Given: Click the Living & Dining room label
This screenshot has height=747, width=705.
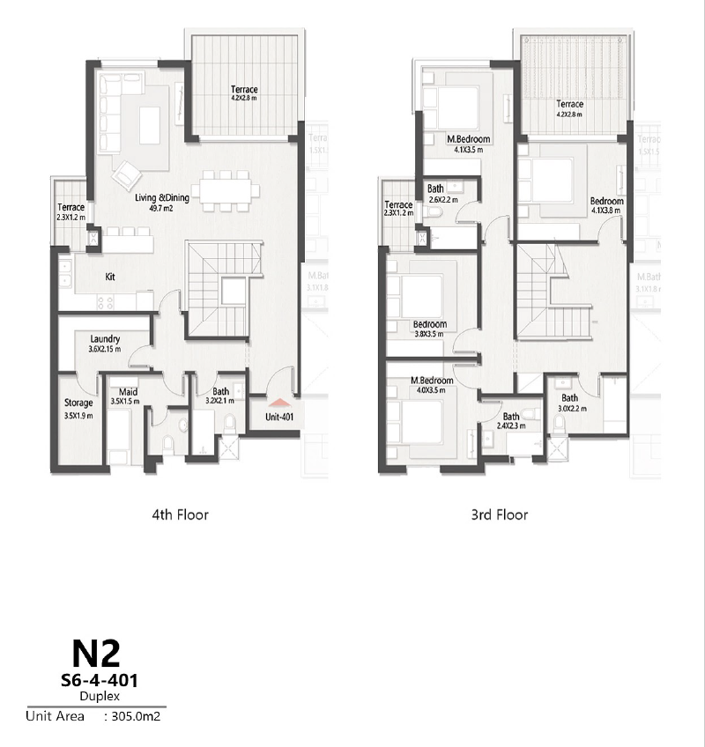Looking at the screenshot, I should (162, 198).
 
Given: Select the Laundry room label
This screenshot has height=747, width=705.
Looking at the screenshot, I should (105, 339).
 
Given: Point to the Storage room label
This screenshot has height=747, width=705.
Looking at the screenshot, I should (78, 403).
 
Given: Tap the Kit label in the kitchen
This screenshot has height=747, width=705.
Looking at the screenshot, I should (110, 277).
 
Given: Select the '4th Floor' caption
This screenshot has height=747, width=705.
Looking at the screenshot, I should (180, 514).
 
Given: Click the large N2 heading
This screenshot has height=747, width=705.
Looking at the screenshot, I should (95, 654).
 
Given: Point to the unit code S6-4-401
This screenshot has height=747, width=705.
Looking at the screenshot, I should (97, 680).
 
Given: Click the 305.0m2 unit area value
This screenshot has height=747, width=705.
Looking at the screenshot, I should (136, 716).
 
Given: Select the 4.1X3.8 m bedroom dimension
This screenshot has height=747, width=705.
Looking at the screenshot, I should (606, 211).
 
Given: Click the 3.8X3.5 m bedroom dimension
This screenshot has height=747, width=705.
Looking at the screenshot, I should (429, 334).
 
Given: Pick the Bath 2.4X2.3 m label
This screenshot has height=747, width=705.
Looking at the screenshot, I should (511, 426).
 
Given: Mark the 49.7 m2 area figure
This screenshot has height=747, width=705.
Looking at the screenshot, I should (162, 209).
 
